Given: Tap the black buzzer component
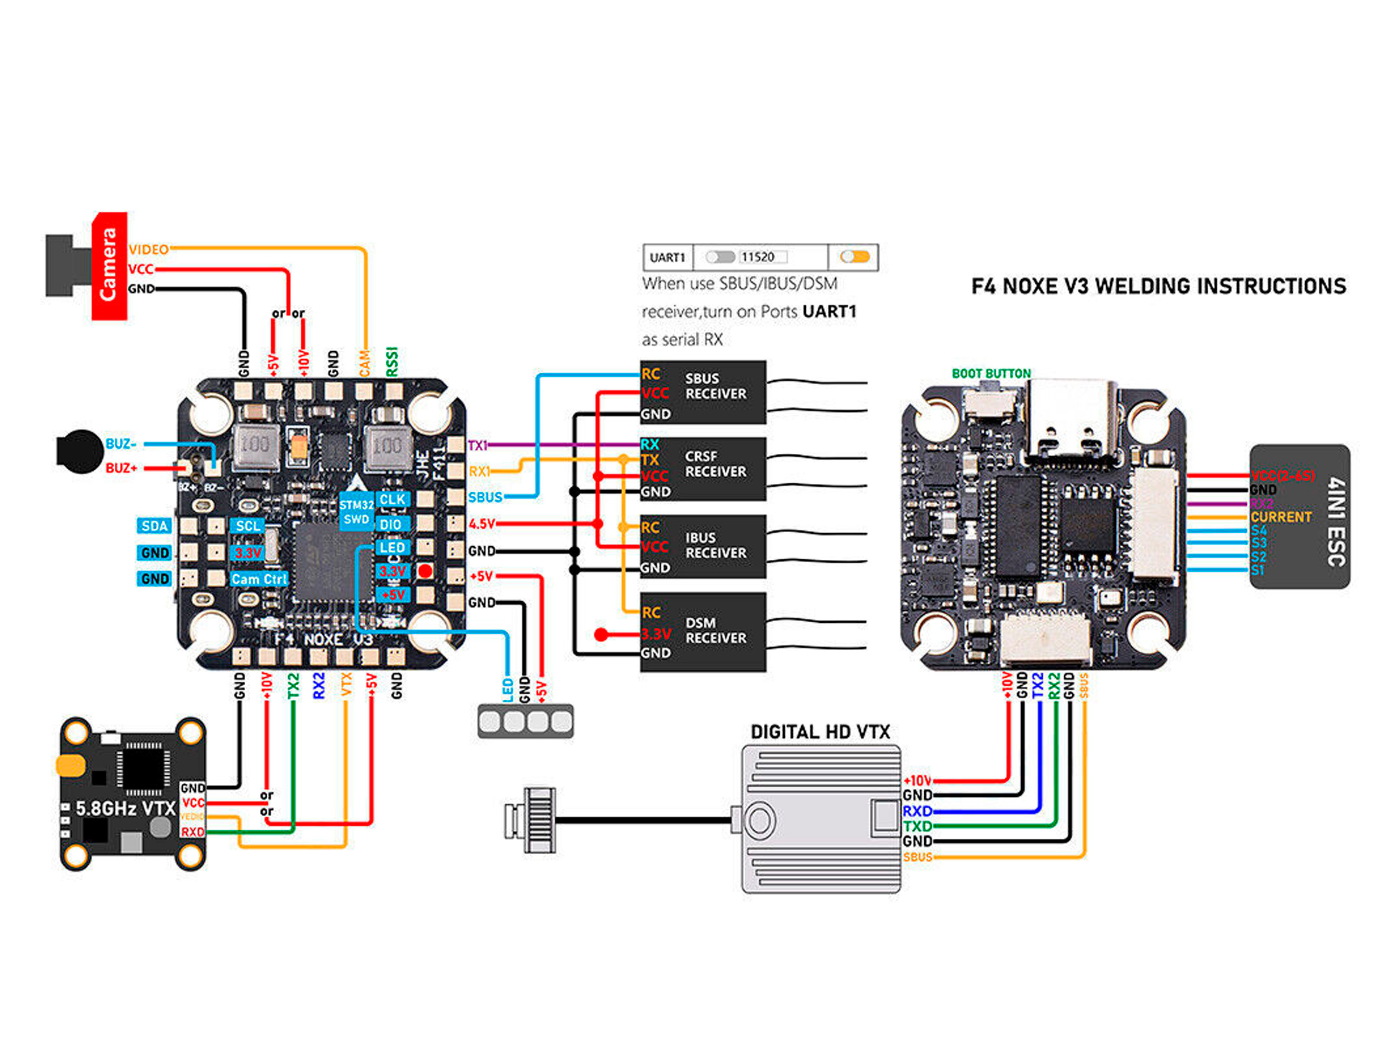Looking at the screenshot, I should click(x=80, y=451).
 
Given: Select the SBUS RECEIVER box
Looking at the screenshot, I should click(x=703, y=392).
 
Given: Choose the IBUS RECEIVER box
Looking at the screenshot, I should click(x=703, y=546).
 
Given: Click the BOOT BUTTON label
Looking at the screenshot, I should click(x=991, y=374).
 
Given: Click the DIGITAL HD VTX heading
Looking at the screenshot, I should click(x=820, y=732).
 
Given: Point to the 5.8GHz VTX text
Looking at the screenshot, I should click(x=125, y=808).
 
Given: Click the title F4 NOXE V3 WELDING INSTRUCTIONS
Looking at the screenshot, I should click(x=1159, y=286).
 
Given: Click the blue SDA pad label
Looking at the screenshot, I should click(x=154, y=526).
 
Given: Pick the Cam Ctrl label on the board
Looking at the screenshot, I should click(x=259, y=579).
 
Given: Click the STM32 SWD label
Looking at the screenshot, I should click(x=356, y=512).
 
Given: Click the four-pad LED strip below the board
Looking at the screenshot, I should click(x=526, y=721).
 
